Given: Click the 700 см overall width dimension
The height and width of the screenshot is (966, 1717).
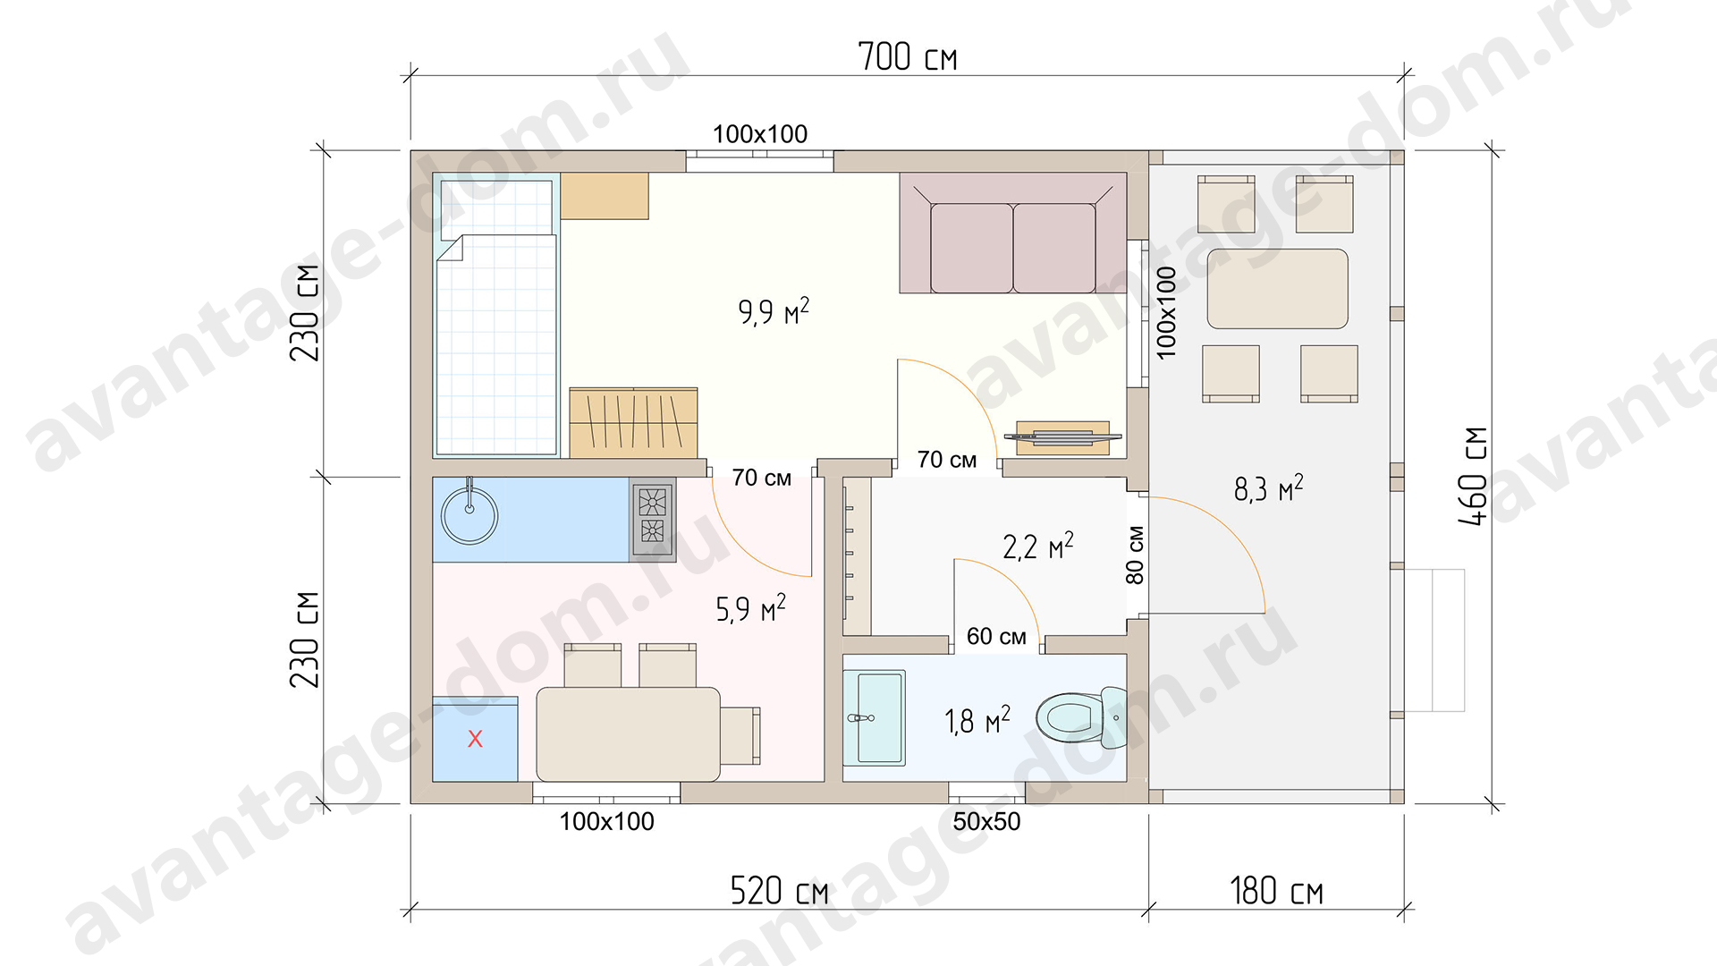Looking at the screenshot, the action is (907, 56).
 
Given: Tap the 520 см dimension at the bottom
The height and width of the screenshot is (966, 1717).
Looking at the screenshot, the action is (779, 891).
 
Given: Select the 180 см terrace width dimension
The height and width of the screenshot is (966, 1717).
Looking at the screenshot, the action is (1276, 891).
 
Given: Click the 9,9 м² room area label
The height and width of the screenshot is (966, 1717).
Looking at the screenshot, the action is (774, 311).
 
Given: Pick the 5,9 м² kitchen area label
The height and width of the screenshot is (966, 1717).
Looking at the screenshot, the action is (750, 608).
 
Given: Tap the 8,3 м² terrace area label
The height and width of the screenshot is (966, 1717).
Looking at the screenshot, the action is (1268, 488).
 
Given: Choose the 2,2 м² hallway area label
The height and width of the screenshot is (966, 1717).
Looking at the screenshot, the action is (1037, 546).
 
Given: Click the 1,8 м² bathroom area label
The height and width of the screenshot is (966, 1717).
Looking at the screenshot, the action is (977, 720).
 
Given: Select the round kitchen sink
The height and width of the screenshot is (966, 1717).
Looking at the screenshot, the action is (469, 514).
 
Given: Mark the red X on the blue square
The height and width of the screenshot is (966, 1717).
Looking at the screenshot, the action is (475, 739).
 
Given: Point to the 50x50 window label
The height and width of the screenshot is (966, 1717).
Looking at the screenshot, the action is (986, 821).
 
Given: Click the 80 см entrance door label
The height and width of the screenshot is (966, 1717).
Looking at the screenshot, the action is (1135, 555).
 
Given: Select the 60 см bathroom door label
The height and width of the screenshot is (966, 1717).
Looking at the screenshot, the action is (996, 636).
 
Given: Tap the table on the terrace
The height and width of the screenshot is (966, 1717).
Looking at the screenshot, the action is (1277, 289).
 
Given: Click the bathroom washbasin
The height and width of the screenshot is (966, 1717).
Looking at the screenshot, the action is (875, 718).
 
